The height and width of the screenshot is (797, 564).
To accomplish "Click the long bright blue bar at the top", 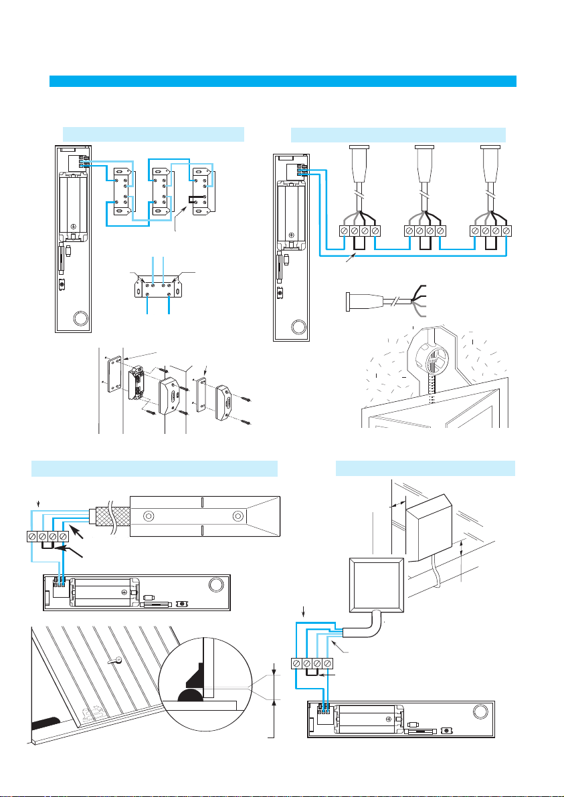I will click(x=283, y=81).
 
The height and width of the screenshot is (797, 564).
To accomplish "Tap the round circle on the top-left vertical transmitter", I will click(x=80, y=318).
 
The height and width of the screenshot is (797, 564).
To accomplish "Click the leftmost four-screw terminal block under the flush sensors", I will click(x=359, y=231).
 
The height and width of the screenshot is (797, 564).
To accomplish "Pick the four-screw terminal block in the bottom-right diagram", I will click(x=312, y=664).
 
